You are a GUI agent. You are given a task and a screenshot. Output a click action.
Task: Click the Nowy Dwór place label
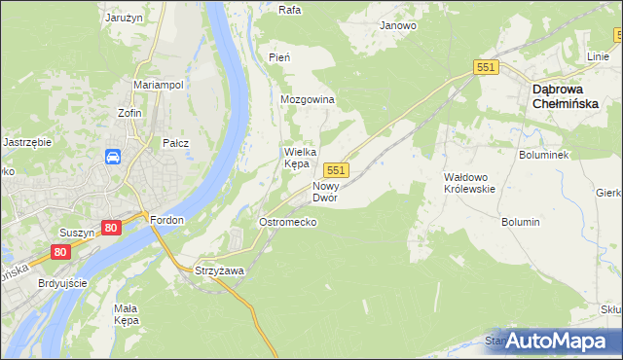(x=325, y=191)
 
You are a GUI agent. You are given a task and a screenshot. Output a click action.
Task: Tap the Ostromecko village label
(x=287, y=222)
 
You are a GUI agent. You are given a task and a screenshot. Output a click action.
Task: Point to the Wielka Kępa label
(x=296, y=158)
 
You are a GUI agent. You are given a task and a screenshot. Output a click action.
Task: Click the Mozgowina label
(x=308, y=100)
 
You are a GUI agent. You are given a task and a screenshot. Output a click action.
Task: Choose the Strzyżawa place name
(x=218, y=270)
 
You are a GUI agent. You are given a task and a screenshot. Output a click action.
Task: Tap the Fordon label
(x=166, y=220)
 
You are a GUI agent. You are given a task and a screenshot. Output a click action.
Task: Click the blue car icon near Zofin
(x=113, y=157)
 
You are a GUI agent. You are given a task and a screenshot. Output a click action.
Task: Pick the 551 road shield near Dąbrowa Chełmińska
(x=488, y=67)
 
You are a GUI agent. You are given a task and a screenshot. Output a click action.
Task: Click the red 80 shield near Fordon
(x=111, y=228)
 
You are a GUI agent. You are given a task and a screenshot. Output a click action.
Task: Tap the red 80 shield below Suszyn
(x=61, y=252)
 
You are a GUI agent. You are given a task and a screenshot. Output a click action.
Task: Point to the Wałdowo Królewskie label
(x=469, y=182)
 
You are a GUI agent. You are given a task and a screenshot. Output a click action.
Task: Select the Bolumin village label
(x=520, y=222)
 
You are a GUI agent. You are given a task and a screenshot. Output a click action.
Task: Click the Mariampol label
(x=159, y=85)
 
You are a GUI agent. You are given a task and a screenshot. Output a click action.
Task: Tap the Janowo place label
(x=398, y=26)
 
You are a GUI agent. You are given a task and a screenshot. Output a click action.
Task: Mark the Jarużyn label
(x=125, y=18)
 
